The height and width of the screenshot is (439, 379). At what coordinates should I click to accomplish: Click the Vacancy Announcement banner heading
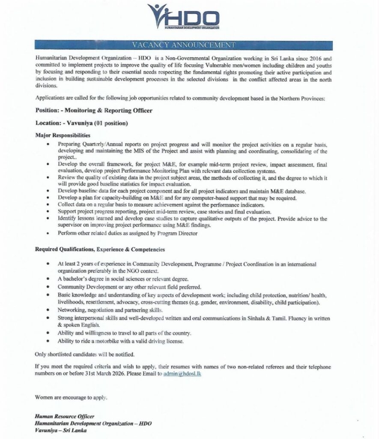click(189, 45)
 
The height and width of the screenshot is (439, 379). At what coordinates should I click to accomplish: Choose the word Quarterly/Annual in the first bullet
click(98, 144)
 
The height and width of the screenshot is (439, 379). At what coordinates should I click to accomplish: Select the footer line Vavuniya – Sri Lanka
click(61, 430)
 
